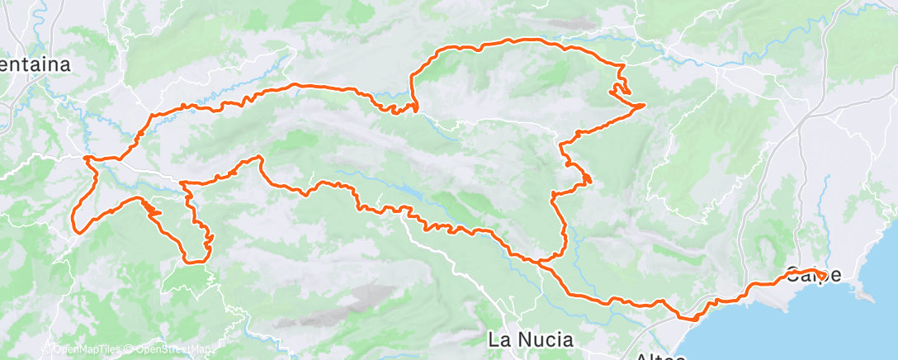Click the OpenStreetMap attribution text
[x=168, y=349]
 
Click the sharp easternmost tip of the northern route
[x=645, y=105]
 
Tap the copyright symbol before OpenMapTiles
[x=47, y=349]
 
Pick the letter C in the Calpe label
[x=793, y=273]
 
